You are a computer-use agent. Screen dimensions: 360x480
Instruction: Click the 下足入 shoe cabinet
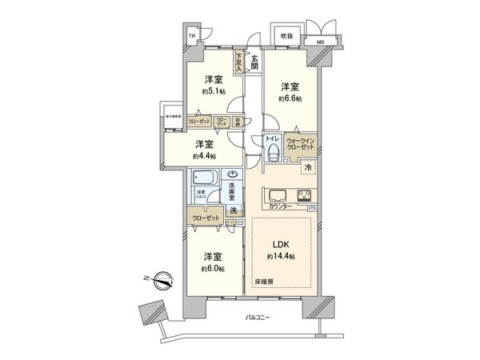click(x=238, y=60)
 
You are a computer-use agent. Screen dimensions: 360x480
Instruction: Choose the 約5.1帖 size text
click(x=212, y=91)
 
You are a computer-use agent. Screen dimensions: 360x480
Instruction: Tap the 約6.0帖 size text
click(x=213, y=269)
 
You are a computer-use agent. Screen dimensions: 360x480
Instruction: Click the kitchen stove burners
click(x=304, y=195)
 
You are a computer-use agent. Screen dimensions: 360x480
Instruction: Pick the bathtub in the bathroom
click(x=205, y=180)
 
